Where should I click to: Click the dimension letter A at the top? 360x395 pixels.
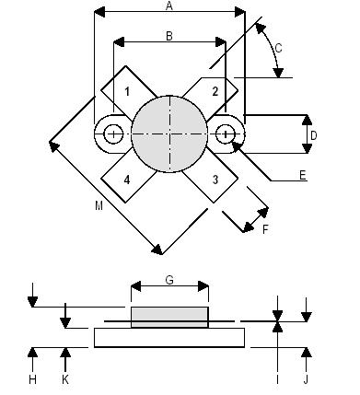tap(168, 6)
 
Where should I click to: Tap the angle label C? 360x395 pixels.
tap(280, 49)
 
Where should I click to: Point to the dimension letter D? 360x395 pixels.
tap(314, 135)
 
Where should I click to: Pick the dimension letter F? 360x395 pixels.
tap(265, 228)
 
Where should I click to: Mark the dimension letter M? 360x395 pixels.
tap(99, 206)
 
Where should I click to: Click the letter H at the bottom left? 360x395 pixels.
tap(32, 378)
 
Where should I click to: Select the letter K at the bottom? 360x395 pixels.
tap(65, 378)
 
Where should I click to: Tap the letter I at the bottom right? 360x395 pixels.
tap(277, 378)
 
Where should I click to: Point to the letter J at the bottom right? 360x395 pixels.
tap(308, 378)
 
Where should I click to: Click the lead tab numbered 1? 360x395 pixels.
tap(127, 90)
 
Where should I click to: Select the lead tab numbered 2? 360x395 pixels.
tap(215, 90)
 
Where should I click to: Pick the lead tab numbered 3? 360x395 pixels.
tap(215, 179)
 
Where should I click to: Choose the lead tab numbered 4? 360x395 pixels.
tap(127, 179)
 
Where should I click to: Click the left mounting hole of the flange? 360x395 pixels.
tap(112, 134)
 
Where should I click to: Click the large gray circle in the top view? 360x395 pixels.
tap(170, 134)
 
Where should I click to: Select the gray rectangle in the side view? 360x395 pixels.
tap(169, 317)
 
